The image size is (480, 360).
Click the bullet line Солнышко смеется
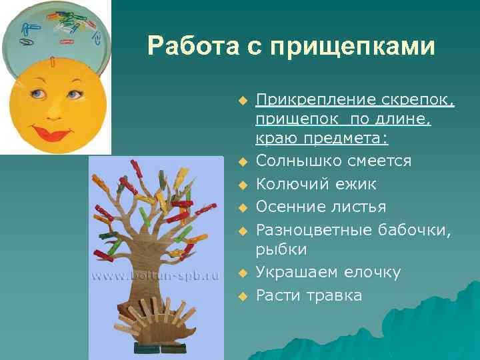click(333, 161)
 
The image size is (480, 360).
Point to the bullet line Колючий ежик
click(316, 183)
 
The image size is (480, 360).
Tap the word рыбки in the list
click(281, 249)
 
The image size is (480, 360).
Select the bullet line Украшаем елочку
click(328, 272)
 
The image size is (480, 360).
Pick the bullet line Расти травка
click(309, 295)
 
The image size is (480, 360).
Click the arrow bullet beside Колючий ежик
click(243, 185)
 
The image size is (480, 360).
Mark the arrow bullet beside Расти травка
click(243, 295)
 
